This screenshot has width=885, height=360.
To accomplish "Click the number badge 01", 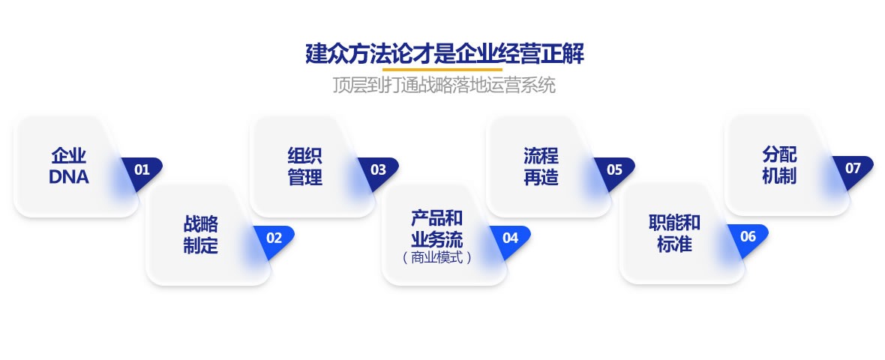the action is [x=142, y=169].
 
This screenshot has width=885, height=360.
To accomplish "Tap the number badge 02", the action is [x=274, y=238].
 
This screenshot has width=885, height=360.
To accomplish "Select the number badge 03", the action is [x=379, y=169].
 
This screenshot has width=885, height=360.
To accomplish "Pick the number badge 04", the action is [x=510, y=238].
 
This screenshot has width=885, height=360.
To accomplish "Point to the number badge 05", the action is [x=615, y=169].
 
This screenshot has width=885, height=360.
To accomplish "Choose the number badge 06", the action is [x=748, y=236].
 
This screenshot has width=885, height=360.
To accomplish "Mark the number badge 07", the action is [x=853, y=168].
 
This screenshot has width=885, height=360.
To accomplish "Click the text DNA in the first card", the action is [x=69, y=177].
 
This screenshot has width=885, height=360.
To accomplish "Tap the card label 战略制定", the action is [x=200, y=235].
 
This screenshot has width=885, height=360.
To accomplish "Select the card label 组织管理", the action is [x=304, y=166].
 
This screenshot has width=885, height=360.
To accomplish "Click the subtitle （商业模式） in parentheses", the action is [x=436, y=258].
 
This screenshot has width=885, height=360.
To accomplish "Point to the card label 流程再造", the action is [x=541, y=166].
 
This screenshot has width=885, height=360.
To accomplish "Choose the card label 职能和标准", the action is [x=674, y=233].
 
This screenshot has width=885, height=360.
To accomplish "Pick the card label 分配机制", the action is [x=779, y=164].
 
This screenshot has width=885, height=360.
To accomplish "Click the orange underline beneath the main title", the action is [x=442, y=70].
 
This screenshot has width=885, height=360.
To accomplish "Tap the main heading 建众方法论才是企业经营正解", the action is [x=445, y=54].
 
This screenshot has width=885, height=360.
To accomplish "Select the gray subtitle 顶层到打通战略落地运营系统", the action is [x=444, y=85].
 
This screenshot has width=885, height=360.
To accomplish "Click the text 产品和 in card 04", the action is [x=436, y=217].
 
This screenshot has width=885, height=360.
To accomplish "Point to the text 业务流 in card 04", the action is [x=436, y=239].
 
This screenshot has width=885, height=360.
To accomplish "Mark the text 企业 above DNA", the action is [x=69, y=155].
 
